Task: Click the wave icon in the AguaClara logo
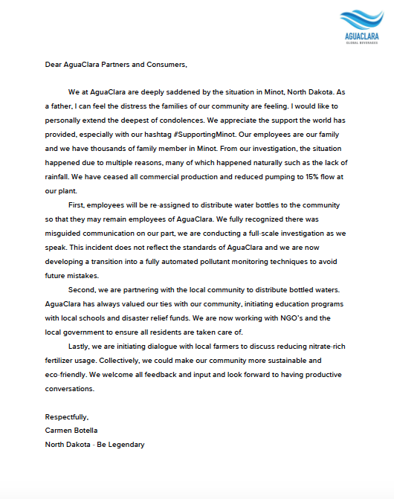tap(361, 19)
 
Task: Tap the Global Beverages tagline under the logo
tap(362, 42)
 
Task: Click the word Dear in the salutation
tap(54, 65)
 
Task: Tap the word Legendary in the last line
tap(125, 445)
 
